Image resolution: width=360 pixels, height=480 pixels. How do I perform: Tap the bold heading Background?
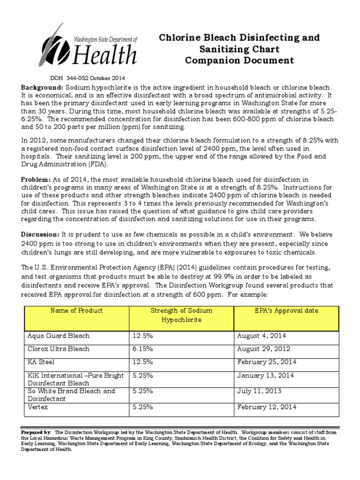[41, 88]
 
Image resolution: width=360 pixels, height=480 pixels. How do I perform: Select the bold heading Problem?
[35, 180]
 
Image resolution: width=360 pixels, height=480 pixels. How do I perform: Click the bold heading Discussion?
[40, 234]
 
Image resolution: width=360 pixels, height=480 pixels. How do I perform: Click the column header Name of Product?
[76, 311]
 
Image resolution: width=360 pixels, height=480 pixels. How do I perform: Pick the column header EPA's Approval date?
[286, 311]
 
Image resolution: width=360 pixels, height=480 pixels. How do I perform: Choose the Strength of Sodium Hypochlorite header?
[181, 315]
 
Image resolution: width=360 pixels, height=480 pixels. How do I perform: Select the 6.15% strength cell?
[143, 349]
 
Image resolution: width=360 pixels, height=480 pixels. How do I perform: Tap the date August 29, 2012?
[264, 349]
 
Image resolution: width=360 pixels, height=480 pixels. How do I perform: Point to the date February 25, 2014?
[267, 362]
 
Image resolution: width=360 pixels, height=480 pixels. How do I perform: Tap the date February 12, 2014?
[267, 407]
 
